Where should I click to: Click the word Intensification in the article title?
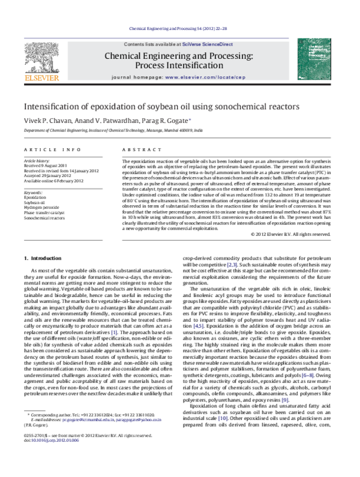55,106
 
